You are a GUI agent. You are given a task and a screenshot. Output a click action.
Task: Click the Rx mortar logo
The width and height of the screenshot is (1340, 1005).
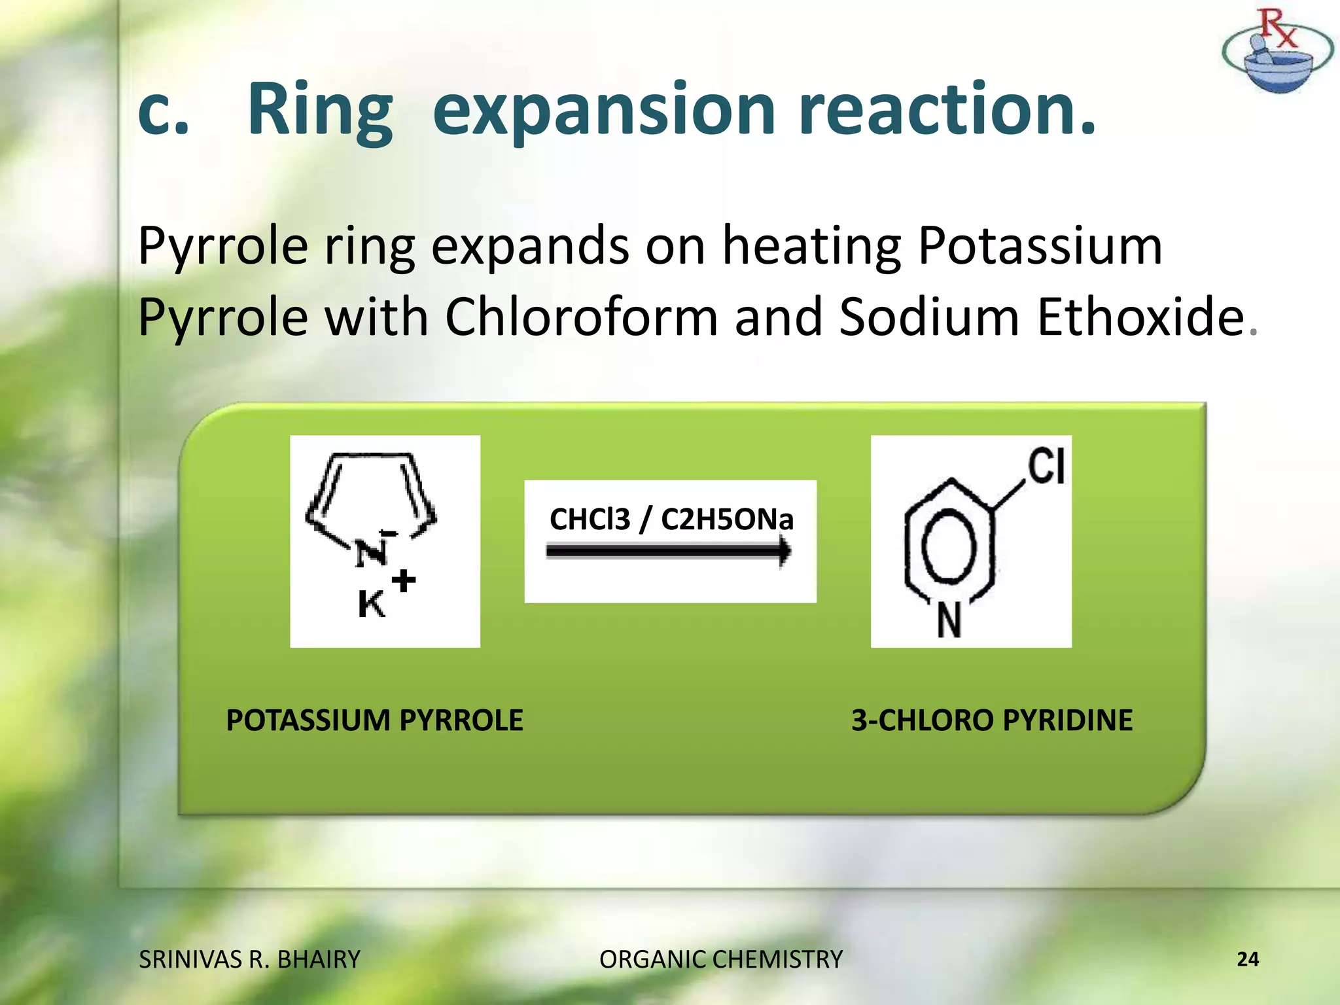click(1277, 52)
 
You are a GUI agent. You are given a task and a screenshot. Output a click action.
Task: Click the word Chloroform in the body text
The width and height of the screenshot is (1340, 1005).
click(582, 317)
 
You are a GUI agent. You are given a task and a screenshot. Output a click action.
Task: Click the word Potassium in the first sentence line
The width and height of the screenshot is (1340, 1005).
click(1040, 246)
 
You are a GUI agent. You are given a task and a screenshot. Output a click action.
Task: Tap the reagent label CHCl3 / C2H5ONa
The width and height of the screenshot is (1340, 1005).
click(671, 519)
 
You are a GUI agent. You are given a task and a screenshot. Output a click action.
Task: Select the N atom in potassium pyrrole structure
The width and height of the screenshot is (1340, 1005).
click(370, 554)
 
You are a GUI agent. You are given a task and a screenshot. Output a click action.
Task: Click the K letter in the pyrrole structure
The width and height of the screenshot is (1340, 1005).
click(371, 604)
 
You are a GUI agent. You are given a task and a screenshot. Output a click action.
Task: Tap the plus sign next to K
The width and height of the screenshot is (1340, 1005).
click(404, 580)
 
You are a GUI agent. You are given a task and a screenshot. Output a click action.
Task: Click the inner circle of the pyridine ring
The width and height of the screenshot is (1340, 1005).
click(949, 546)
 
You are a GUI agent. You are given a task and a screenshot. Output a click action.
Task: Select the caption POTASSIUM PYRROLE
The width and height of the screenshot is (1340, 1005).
click(374, 720)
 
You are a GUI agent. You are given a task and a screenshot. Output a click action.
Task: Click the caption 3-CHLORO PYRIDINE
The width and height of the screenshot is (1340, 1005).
click(991, 720)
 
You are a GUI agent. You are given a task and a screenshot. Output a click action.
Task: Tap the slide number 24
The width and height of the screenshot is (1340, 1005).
click(1247, 959)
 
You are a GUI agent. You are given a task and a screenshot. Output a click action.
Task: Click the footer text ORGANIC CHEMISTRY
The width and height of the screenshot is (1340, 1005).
click(720, 959)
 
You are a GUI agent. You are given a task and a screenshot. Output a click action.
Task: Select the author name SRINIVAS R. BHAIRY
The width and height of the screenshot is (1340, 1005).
click(249, 959)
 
